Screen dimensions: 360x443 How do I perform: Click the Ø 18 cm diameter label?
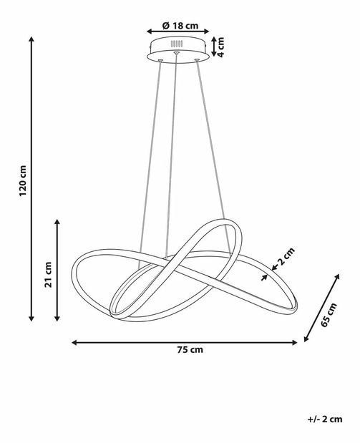click(x=180, y=26)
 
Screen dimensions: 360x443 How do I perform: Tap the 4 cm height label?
click(x=220, y=47)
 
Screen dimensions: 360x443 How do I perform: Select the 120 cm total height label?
click(x=23, y=181)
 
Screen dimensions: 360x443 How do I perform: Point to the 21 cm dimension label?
click(x=49, y=275)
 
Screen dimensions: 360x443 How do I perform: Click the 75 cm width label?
click(x=190, y=349)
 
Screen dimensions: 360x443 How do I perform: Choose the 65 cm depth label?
click(x=329, y=314)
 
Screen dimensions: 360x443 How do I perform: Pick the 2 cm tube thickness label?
click(x=286, y=256)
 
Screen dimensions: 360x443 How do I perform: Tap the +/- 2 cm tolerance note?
click(x=325, y=419)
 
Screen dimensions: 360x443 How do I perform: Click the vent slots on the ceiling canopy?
click(x=176, y=44)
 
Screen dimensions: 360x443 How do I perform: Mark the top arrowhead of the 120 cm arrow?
click(x=31, y=39)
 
